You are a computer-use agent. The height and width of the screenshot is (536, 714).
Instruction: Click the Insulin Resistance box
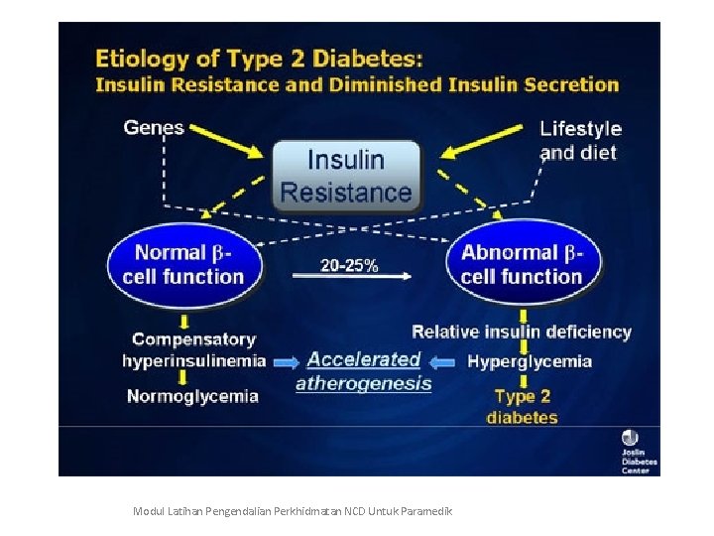click(346, 176)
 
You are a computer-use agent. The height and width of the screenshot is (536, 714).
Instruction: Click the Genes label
click(154, 127)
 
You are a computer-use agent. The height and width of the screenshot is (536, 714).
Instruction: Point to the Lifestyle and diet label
click(580, 140)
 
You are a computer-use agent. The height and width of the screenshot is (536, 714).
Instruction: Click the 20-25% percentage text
click(348, 265)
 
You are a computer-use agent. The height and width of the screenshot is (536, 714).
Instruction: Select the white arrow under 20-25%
click(352, 279)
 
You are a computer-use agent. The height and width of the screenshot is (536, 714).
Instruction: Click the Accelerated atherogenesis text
click(364, 371)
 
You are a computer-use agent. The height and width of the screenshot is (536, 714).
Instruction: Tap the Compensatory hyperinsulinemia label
click(193, 350)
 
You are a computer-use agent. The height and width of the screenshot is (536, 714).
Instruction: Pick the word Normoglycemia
click(192, 396)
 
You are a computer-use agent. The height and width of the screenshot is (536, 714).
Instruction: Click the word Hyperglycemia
click(530, 361)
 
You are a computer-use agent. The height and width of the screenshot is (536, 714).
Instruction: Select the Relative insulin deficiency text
click(522, 332)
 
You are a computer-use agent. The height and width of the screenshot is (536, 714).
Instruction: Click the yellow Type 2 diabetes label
click(522, 407)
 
